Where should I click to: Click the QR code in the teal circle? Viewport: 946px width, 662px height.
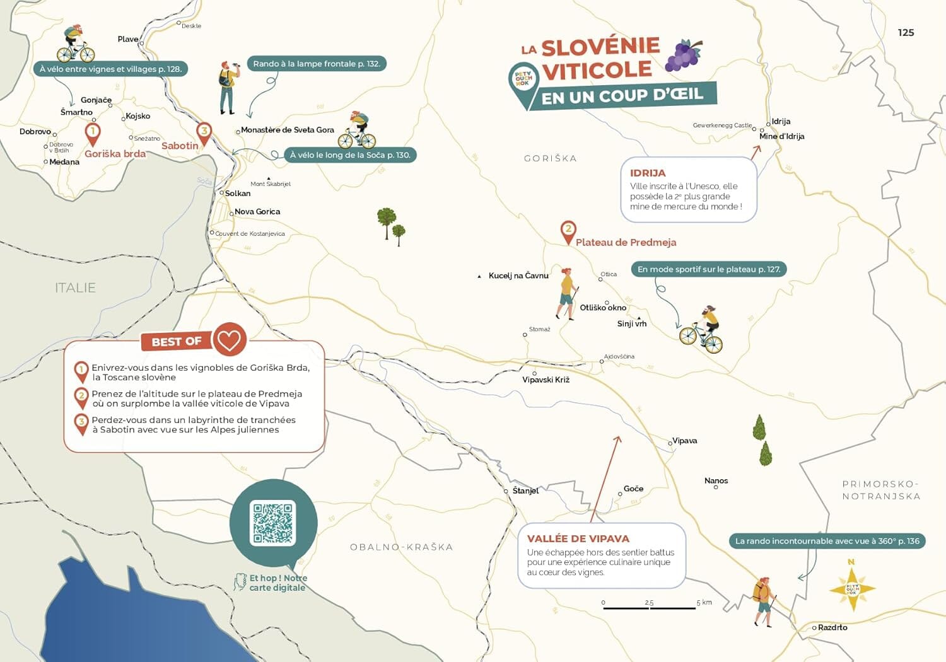(273, 523)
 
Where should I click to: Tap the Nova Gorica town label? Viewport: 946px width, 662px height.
(257, 212)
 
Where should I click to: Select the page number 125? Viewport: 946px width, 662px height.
(906, 33)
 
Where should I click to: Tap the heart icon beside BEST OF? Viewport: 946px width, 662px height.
(229, 339)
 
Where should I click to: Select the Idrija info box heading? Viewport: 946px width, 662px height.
(648, 173)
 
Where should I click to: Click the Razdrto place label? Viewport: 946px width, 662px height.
(832, 627)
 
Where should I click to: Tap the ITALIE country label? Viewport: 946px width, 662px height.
(75, 288)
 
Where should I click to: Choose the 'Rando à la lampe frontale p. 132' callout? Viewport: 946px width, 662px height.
(316, 64)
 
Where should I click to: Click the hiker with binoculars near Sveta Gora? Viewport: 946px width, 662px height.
(228, 88)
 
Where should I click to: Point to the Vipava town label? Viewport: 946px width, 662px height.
(684, 441)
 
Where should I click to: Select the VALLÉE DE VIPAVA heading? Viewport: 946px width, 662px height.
(578, 538)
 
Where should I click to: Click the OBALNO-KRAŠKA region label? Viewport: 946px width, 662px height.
(401, 547)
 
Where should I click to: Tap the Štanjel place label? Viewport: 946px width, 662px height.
(525, 491)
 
